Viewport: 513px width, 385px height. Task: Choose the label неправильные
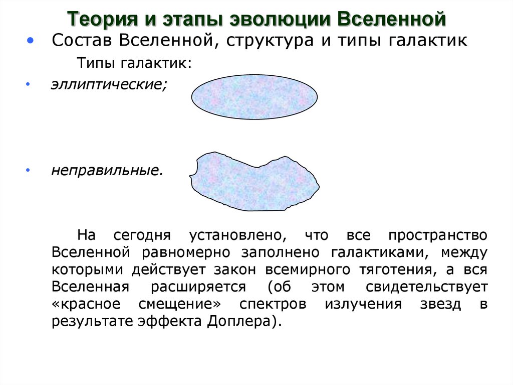coord(107,171)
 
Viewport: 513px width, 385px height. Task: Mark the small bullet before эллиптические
coord(28,85)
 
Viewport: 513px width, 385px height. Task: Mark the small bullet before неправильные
coord(28,171)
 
